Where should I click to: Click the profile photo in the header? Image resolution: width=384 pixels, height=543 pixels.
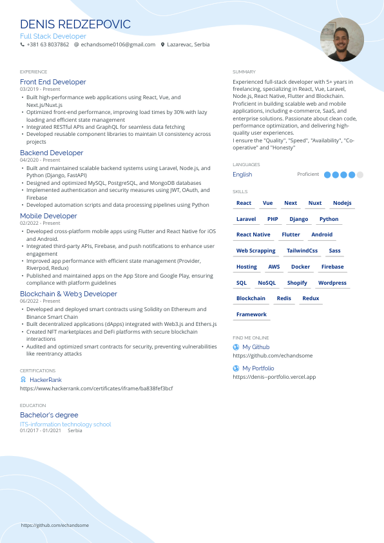pos(341,40)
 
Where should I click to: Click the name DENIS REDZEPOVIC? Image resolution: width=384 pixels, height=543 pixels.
pos(75,24)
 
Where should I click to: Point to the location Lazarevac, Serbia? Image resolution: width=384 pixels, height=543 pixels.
pos(187,44)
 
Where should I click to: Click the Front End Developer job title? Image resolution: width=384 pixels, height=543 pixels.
pos(53,82)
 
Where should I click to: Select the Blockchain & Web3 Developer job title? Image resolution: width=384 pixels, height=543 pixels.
pos(68,294)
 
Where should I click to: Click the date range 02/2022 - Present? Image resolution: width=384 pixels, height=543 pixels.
pos(40,223)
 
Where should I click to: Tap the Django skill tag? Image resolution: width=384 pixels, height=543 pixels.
pos(299,219)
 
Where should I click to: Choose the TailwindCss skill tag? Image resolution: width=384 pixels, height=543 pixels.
pos(302,251)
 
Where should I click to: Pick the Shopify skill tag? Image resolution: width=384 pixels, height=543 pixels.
pos(297,283)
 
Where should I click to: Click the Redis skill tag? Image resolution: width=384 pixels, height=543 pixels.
pos(284,298)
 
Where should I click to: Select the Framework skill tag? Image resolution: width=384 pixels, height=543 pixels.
pos(251,314)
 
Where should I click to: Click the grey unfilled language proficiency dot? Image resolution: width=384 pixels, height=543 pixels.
pos(360,175)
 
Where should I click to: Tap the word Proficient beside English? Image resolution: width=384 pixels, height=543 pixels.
pos(308,175)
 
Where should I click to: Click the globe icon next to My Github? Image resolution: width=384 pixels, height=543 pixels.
pos(236,347)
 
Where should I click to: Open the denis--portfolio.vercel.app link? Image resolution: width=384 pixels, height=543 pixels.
pos(274,377)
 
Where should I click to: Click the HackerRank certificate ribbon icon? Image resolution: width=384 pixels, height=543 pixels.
pos(23,380)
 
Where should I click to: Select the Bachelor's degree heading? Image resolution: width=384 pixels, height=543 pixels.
pos(49,415)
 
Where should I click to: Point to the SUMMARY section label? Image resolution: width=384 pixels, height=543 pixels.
pos(244,72)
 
